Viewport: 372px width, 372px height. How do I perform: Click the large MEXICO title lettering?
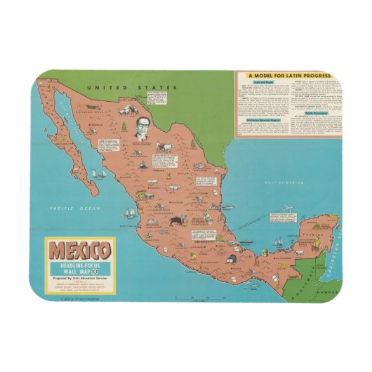pyautogui.click(x=79, y=250)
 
